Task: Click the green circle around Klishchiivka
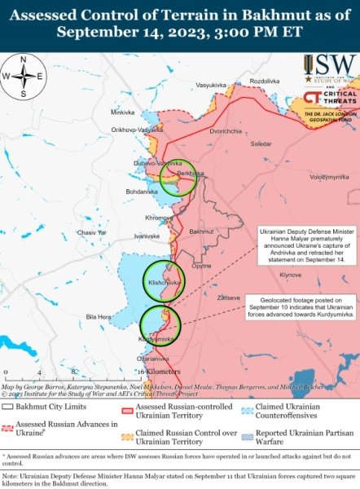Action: (x=165, y=281)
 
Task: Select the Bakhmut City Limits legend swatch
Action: (x=8, y=406)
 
